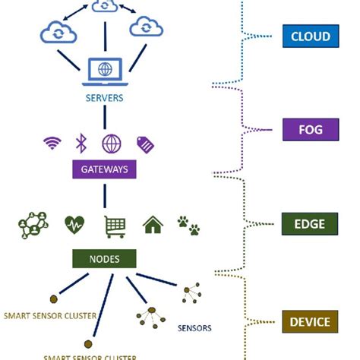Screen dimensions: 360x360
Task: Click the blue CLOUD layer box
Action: click(311, 36)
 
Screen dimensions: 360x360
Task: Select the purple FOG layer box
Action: click(311, 129)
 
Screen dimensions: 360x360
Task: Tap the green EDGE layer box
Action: click(311, 224)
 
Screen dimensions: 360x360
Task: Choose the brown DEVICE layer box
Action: click(311, 322)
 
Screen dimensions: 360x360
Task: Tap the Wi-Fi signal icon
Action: click(52, 142)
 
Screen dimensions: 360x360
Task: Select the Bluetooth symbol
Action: click(82, 142)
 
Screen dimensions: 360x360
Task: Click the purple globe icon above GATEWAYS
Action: click(112, 143)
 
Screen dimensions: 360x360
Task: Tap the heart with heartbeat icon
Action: click(74, 225)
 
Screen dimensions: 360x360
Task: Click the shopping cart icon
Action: click(115, 225)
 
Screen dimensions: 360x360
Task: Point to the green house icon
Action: click(153, 225)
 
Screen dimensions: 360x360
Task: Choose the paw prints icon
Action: click(188, 224)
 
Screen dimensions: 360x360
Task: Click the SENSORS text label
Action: click(194, 329)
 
